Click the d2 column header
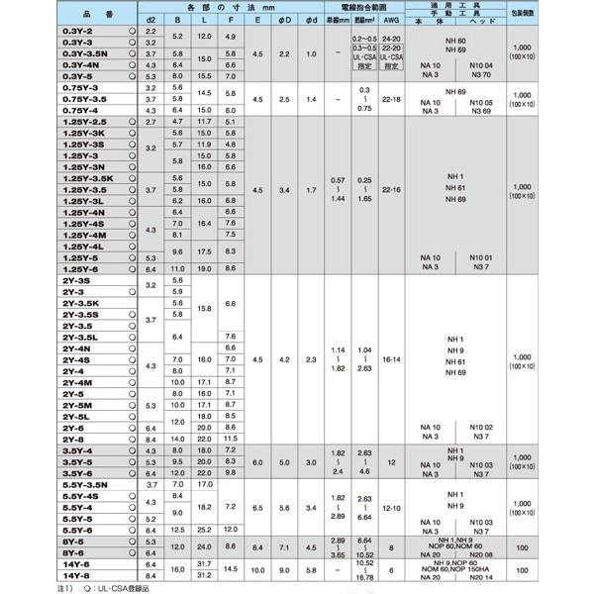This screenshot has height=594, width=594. [x=151, y=19]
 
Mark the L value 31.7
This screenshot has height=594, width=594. [x=204, y=564]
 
